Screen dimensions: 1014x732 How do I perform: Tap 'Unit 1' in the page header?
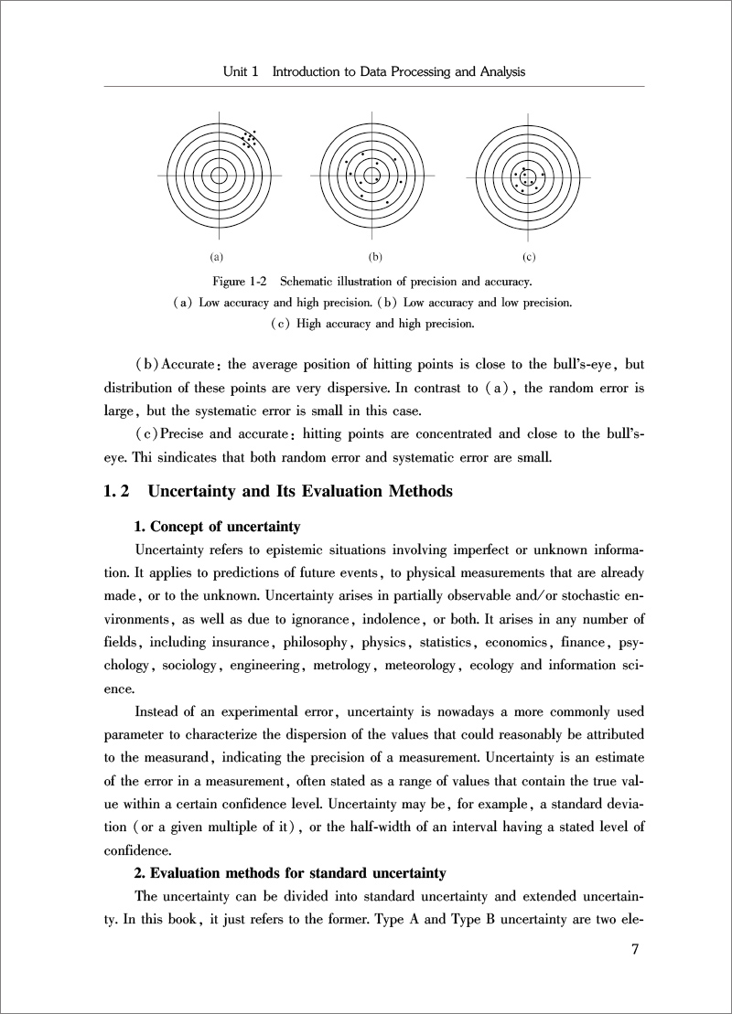pos(241,71)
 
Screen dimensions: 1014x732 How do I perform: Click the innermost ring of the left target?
pos(220,175)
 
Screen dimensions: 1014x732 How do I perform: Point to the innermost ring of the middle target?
pos(372,175)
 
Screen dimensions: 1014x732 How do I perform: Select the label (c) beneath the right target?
pos(528,257)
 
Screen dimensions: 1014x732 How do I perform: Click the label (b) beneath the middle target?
pos(374,257)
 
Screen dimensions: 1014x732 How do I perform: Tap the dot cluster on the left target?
pos(249,139)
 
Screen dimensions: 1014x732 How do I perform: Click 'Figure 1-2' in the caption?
pos(239,280)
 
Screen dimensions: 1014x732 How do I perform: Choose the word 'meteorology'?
pos(419,665)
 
